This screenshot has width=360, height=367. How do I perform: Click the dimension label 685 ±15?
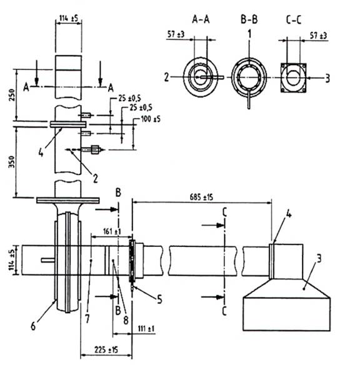coord(201,197)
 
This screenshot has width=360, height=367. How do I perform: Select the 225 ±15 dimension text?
coord(106,349)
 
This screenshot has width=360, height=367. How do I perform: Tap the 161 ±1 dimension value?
coord(112,231)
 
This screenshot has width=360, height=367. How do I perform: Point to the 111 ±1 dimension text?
coord(146,328)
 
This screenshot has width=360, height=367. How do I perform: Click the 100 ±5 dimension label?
coord(151,119)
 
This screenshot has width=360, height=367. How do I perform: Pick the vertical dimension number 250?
coord(12,95)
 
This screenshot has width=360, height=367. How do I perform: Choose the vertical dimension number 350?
coord(11,162)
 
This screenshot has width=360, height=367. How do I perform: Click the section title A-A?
coord(201,19)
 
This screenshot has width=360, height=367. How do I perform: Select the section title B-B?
coord(249,19)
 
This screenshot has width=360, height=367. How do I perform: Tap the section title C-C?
coord(294,19)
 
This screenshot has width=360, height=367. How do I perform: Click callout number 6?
coord(33,326)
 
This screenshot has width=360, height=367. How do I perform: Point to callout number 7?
coord(87,319)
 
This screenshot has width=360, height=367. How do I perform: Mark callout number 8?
coord(126,320)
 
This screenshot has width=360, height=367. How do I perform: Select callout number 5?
coord(159,299)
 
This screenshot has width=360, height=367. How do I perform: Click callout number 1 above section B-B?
coord(249,34)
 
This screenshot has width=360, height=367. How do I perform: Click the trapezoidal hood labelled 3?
coord(286,288)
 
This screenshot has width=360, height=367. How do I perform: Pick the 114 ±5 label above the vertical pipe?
coord(69,18)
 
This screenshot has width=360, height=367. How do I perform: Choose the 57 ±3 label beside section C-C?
coord(319,36)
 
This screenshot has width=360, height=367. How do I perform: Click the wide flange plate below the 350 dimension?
coord(68,200)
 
